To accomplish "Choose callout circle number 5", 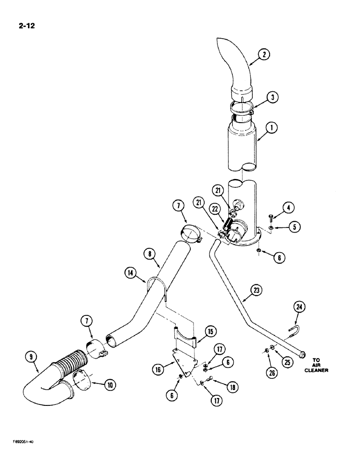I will tap(294, 226).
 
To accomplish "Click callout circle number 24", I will tap(298, 307).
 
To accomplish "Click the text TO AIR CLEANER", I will tap(317, 365).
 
